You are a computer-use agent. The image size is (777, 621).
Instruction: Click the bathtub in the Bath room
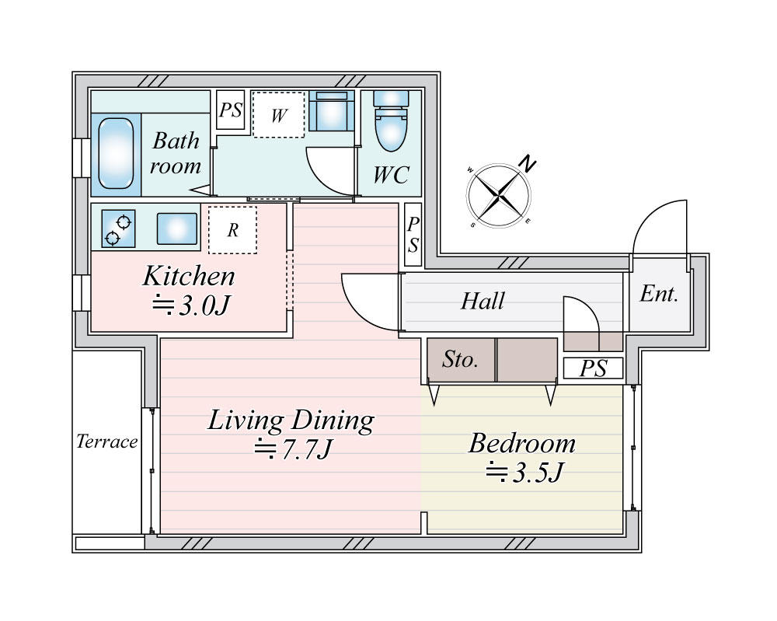pos(116,153)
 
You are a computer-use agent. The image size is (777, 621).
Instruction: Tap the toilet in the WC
pos(391,120)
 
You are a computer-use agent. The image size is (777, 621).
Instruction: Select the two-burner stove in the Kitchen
pos(118,229)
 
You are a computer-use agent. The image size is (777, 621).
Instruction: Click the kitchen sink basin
pos(177,229)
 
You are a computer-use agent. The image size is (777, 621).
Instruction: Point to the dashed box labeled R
pos(232,230)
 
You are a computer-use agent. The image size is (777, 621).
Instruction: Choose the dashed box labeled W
pos(278,114)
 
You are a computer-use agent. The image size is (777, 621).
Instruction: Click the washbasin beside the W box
pos(332,110)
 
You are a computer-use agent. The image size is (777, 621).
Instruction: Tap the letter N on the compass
pos(528,163)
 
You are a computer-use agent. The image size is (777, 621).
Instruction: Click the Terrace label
pos(107,441)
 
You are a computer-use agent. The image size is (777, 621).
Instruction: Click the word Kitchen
pos(189,276)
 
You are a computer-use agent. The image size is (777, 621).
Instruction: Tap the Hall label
pos(483,301)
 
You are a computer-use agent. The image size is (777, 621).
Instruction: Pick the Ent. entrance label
pos(659,294)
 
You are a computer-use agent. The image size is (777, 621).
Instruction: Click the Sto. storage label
pos(460,359)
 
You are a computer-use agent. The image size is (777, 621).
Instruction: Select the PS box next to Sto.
pos(593,368)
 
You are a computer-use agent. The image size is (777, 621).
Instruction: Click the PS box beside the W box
pos(231,110)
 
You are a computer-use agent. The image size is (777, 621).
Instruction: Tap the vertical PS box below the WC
pos(413,234)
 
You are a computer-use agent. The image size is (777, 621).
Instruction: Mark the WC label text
pos(391,174)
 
